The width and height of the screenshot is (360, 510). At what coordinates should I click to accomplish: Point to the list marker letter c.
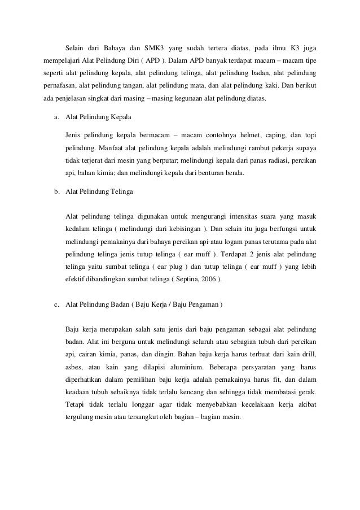pyautogui.click(x=56, y=306)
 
